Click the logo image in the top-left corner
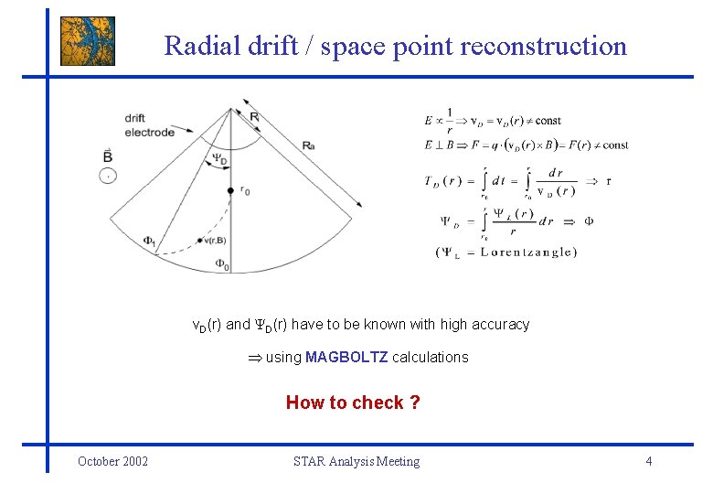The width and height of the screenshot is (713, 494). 88,41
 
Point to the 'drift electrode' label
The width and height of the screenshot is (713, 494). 149,125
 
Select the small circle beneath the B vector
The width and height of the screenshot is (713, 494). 109,175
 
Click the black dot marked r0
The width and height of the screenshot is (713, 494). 230,190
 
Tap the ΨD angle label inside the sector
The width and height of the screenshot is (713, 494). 220,158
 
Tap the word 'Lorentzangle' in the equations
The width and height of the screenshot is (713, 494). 528,252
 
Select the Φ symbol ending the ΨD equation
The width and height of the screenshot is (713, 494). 590,220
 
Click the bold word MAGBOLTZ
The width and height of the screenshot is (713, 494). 346,357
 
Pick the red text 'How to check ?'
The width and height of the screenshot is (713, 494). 353,403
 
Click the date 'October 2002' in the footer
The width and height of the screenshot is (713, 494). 112,461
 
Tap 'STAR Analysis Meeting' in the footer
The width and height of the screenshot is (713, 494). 356,461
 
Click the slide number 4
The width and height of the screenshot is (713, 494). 648,461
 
